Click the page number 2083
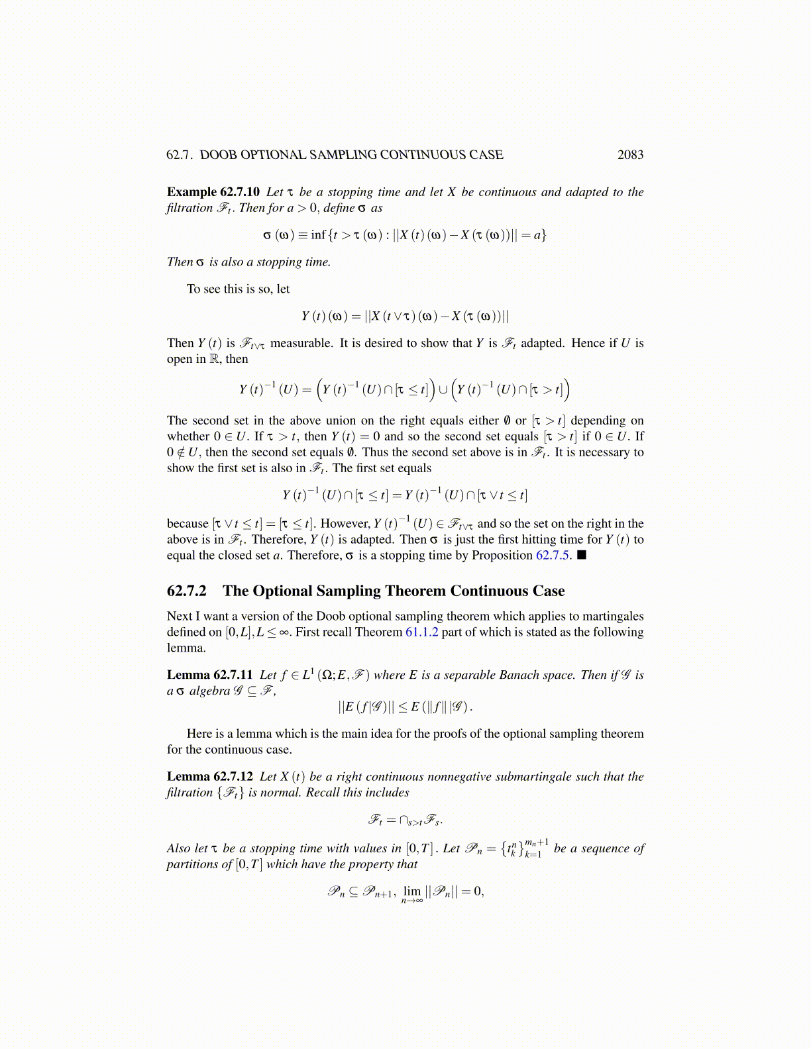click(x=630, y=155)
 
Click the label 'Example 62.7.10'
click(x=213, y=192)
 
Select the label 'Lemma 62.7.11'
click(x=209, y=675)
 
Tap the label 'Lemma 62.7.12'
click(x=209, y=776)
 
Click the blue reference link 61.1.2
click(x=421, y=632)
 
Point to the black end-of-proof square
click(x=582, y=555)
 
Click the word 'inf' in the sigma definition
click(x=318, y=235)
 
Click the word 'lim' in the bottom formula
click(x=412, y=891)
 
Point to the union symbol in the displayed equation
click(x=443, y=389)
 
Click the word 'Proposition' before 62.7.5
click(x=502, y=555)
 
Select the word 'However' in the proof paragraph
click(x=345, y=524)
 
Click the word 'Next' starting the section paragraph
click(x=180, y=616)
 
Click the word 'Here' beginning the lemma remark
click(x=199, y=734)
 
